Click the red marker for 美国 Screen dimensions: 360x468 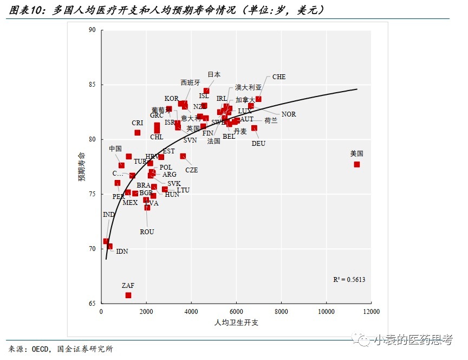(357, 164)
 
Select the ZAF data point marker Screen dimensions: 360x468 (128, 295)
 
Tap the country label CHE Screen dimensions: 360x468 (279, 77)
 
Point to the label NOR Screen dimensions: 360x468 (289, 114)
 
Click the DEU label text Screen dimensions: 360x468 (258, 144)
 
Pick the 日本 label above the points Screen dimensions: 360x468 (214, 75)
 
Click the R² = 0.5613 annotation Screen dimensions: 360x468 (349, 280)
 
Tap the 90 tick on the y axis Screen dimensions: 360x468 (92, 30)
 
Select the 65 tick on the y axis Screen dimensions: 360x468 (92, 304)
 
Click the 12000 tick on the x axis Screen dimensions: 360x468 (371, 312)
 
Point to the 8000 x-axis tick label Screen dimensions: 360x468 (281, 312)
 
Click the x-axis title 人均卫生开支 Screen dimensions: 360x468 (236, 323)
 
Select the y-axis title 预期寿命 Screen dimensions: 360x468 (82, 167)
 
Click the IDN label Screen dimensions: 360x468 (122, 252)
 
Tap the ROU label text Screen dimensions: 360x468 (147, 232)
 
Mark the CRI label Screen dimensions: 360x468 (138, 123)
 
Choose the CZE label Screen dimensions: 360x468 (191, 170)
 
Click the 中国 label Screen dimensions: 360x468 (115, 149)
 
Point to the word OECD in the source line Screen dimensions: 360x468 (43, 349)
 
